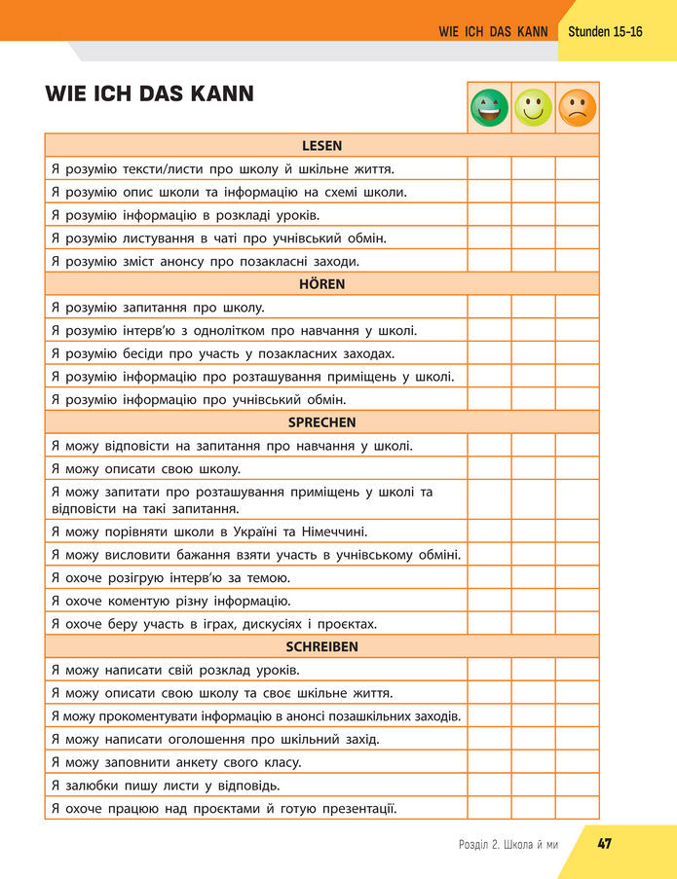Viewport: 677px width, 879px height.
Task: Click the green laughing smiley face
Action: pyautogui.click(x=489, y=107)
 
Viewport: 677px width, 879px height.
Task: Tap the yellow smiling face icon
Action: pyautogui.click(x=533, y=107)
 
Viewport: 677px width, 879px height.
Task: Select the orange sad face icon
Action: pyautogui.click(x=577, y=107)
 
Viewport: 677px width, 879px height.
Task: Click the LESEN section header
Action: pyautogui.click(x=321, y=146)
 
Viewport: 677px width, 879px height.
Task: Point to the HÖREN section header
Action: pyautogui.click(x=321, y=284)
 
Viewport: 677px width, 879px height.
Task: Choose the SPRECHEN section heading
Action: pyautogui.click(x=321, y=422)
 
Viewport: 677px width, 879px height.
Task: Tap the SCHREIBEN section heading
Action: pyautogui.click(x=321, y=646)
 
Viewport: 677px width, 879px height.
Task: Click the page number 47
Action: pyautogui.click(x=604, y=843)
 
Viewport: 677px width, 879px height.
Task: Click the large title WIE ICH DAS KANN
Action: pyautogui.click(x=149, y=94)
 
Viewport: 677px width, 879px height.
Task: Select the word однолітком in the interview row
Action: pyautogui.click(x=237, y=331)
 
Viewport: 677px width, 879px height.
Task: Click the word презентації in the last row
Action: pyautogui.click(x=354, y=808)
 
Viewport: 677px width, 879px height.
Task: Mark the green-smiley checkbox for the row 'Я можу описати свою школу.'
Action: pyautogui.click(x=489, y=469)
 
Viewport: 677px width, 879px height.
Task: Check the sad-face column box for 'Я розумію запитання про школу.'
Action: pyautogui.click(x=577, y=308)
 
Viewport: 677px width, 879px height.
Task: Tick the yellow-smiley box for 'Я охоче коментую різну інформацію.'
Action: pyautogui.click(x=533, y=601)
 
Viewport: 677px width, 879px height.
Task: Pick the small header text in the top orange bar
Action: pyautogui.click(x=493, y=32)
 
